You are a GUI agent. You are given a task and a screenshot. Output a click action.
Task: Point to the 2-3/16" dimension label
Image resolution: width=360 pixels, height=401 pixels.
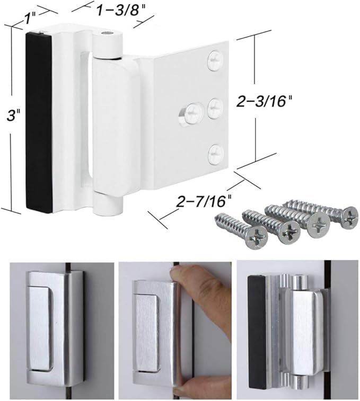click(294, 102)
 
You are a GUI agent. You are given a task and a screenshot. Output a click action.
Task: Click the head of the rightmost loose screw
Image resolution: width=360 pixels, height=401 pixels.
click(349, 216)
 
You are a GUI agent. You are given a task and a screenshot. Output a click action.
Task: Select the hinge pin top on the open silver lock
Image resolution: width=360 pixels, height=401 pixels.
click(300, 279)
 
